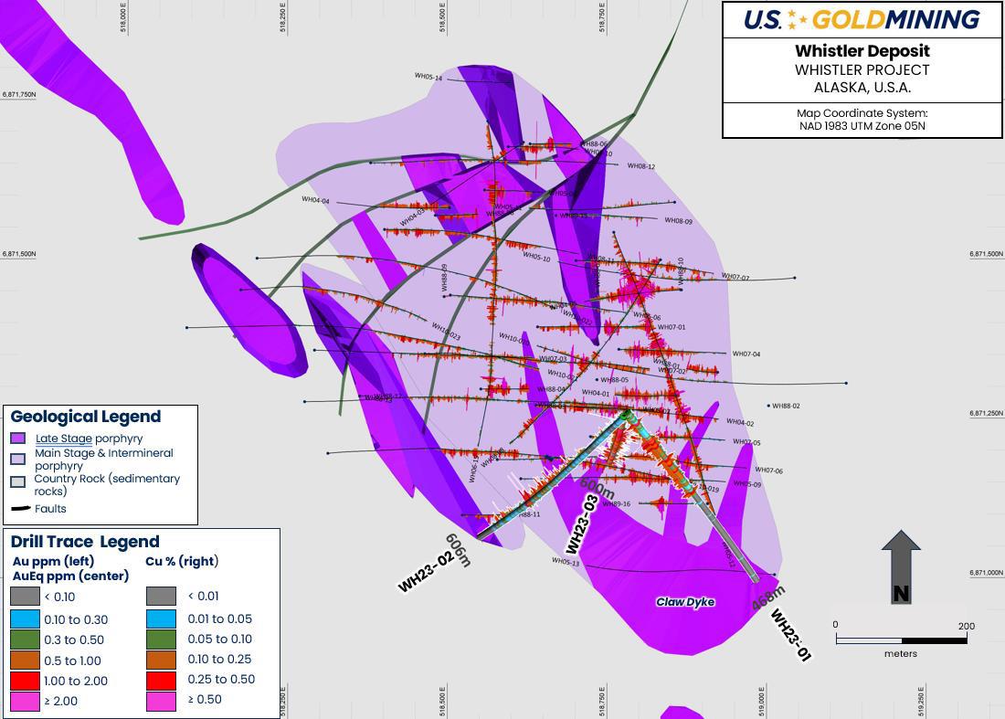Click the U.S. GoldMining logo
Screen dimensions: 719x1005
862,19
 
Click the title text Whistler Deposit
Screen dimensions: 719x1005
862,51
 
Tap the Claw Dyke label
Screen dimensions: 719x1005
685,602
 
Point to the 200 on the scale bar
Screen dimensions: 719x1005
966,626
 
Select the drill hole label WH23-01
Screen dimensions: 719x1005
791,634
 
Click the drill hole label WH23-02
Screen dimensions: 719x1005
426,571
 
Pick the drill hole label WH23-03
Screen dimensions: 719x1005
582,524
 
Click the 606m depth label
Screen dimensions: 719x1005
457,550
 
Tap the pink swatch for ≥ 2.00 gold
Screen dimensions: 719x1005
25,701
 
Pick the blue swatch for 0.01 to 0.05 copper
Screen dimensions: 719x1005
160,619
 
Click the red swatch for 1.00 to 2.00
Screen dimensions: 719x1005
25,681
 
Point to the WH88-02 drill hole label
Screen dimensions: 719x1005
786,406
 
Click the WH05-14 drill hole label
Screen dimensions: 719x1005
428,78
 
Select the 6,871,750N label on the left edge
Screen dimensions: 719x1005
18,94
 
